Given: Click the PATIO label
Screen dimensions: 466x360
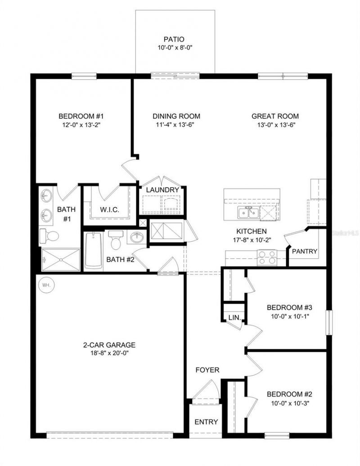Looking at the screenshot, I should point(175,39).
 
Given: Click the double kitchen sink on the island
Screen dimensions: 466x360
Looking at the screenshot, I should point(248,212).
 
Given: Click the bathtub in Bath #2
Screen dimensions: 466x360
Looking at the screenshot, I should point(94,251).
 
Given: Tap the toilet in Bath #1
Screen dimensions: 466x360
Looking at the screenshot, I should point(49,236).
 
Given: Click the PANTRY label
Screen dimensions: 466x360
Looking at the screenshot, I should point(305,251).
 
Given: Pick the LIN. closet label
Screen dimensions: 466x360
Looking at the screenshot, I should point(235,318).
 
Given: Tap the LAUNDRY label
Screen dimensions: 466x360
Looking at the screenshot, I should point(162,190).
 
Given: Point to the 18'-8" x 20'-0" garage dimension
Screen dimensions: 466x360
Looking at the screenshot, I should point(109,353).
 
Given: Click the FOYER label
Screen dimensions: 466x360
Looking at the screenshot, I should point(207,370).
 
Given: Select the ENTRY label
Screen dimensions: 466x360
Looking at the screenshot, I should point(206,422).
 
